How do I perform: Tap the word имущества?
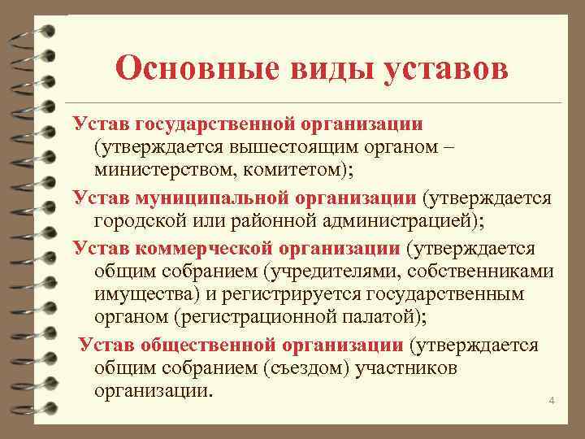coord(146,296)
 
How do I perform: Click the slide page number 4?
coord(552,401)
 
